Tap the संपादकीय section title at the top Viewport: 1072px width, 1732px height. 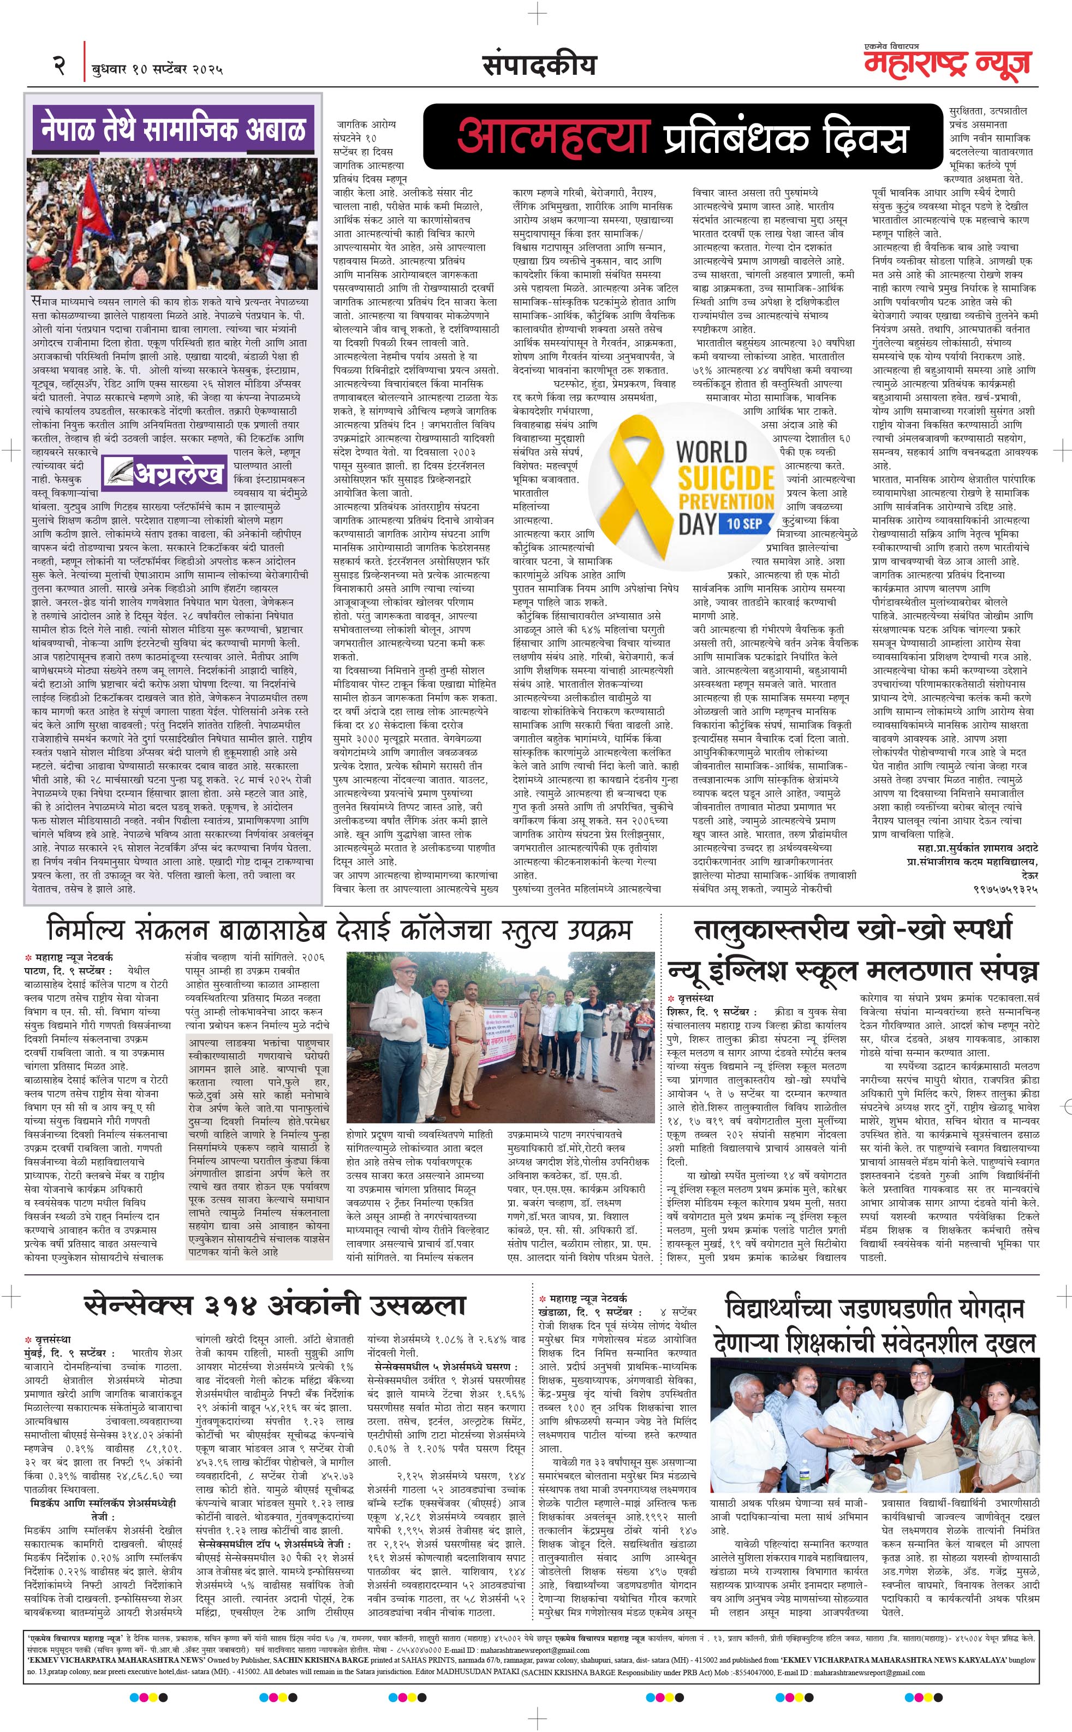(539, 66)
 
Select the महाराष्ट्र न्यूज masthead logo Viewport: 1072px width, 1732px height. (947, 64)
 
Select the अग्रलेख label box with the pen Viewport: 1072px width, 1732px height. (166, 472)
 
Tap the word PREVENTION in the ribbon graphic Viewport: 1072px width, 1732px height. (726, 501)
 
